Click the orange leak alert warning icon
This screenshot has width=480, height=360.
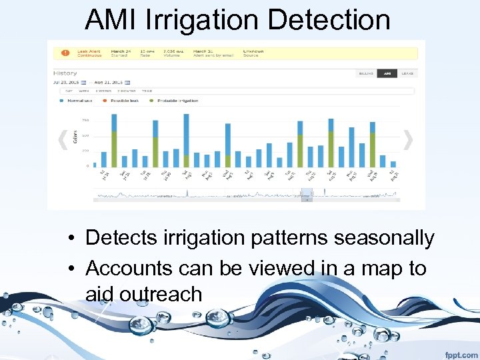(x=65, y=52)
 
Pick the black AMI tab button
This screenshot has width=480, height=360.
(x=386, y=73)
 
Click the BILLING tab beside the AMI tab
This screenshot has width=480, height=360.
(x=366, y=73)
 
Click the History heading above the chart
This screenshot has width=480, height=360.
(x=65, y=73)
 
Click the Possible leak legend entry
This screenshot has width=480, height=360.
(x=125, y=101)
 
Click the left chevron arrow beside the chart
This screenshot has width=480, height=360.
(x=63, y=139)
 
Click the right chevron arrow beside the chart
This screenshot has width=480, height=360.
(x=408, y=139)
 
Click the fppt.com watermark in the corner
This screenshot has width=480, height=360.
(x=460, y=355)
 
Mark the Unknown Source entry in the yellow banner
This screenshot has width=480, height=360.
(x=253, y=52)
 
